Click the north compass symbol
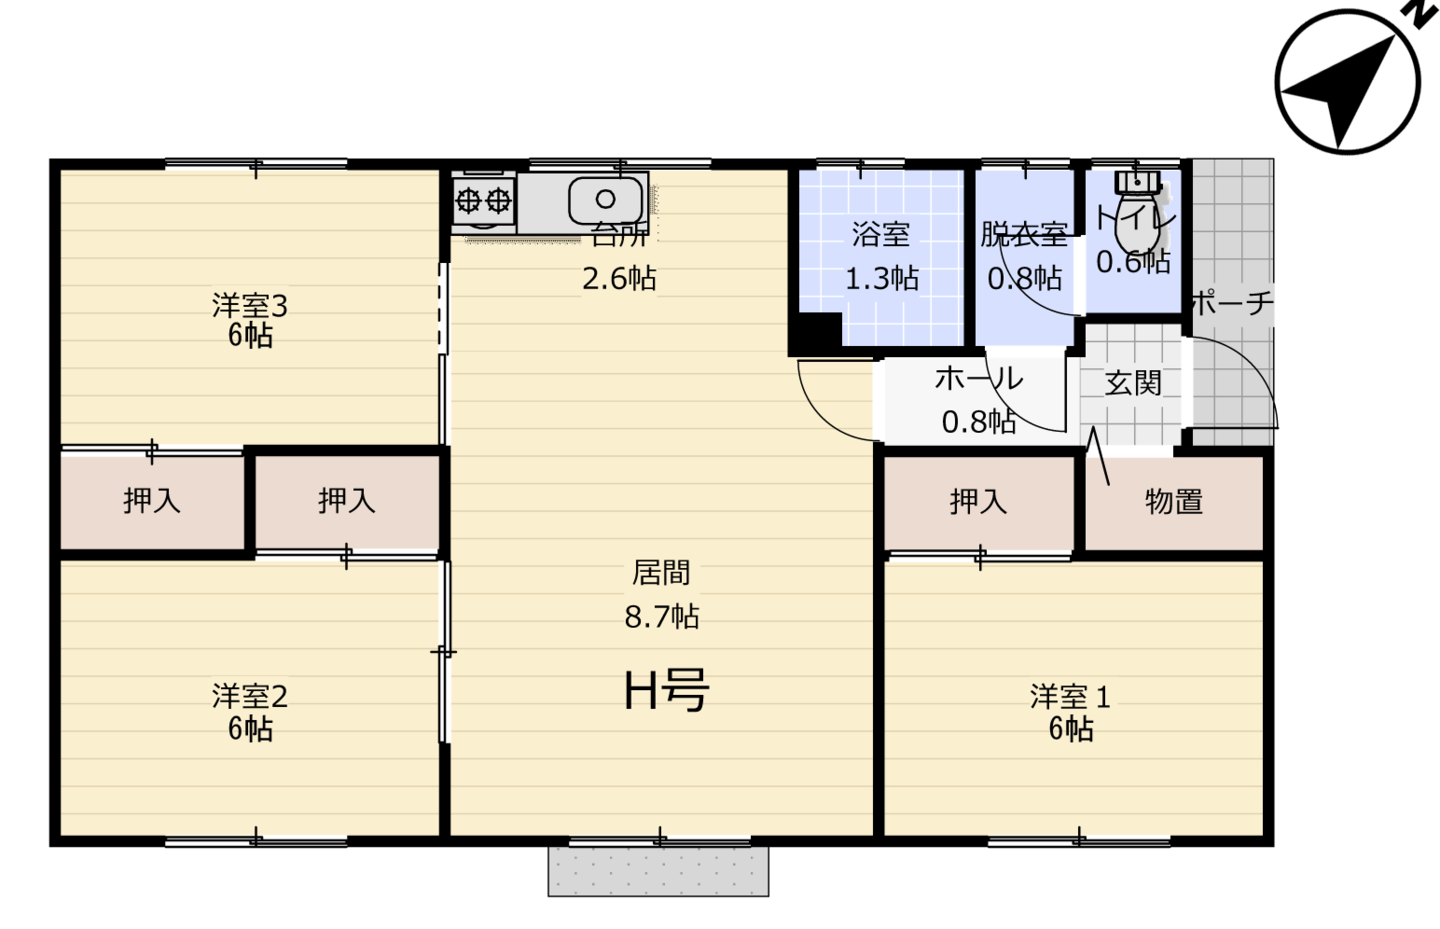(1347, 82)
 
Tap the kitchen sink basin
(605, 200)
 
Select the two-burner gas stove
(483, 201)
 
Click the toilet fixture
(1137, 212)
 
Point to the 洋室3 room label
(249, 306)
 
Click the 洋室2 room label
(249, 697)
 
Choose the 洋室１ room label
(1070, 697)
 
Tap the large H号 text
(667, 690)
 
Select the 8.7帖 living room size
(662, 617)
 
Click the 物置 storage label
(1174, 501)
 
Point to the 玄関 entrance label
(1133, 383)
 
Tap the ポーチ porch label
(1232, 302)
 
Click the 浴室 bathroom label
(881, 234)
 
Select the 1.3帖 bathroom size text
(881, 278)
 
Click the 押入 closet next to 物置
(978, 501)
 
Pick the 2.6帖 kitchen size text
(619, 278)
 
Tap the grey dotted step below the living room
(658, 871)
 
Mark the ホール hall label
(978, 378)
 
